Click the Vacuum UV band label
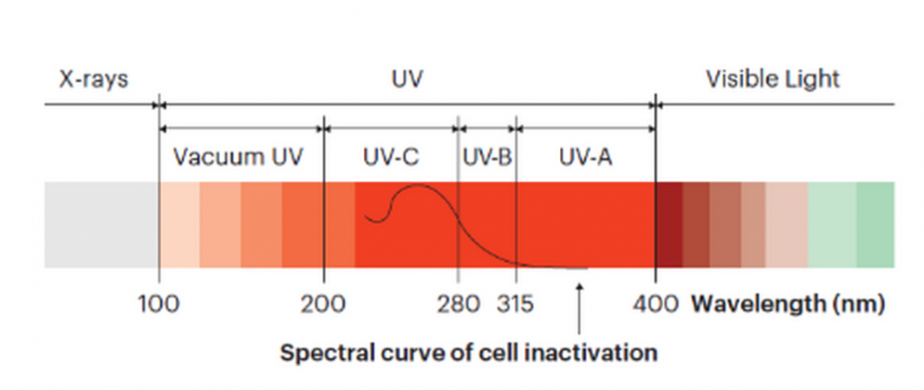pyautogui.click(x=238, y=157)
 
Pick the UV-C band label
pyautogui.click(x=390, y=157)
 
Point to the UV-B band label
pyautogui.click(x=487, y=157)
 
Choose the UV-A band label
pyautogui.click(x=585, y=157)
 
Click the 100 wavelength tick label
pyautogui.click(x=159, y=304)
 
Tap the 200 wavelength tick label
pyautogui.click(x=324, y=304)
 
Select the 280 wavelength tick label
pyautogui.click(x=459, y=304)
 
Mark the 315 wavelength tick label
pyautogui.click(x=516, y=304)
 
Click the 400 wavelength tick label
pyautogui.click(x=655, y=304)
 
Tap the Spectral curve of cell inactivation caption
pyautogui.click(x=469, y=353)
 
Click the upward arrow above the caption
pyautogui.click(x=579, y=306)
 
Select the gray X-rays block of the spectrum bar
pyautogui.click(x=101, y=225)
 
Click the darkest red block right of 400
pyautogui.click(x=669, y=225)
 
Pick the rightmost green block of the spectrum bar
pyautogui.click(x=875, y=225)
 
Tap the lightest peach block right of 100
pyautogui.click(x=179, y=225)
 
